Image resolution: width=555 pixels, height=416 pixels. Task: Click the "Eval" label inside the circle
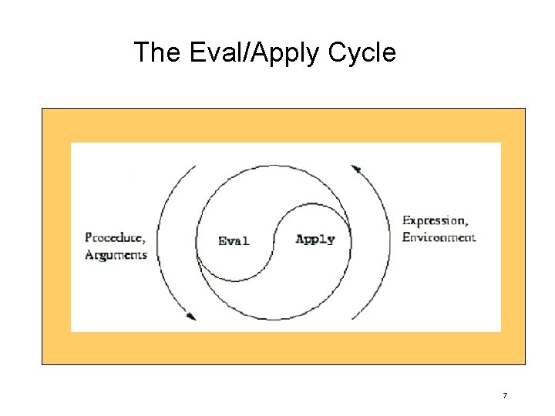(234, 240)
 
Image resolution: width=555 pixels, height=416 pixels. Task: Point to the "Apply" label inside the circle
(315, 239)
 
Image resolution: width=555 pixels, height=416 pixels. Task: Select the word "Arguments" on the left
(116, 254)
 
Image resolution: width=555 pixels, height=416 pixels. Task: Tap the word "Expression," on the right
(435, 221)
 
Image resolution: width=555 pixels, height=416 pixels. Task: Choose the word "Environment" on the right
(439, 237)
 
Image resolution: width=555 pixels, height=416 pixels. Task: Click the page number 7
(505, 396)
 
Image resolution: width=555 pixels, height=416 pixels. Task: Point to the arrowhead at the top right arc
(356, 169)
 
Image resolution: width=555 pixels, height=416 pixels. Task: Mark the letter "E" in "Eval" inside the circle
(223, 240)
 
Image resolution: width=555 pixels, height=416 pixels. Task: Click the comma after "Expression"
(465, 223)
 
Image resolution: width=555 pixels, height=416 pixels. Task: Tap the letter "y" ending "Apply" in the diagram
(331, 240)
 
